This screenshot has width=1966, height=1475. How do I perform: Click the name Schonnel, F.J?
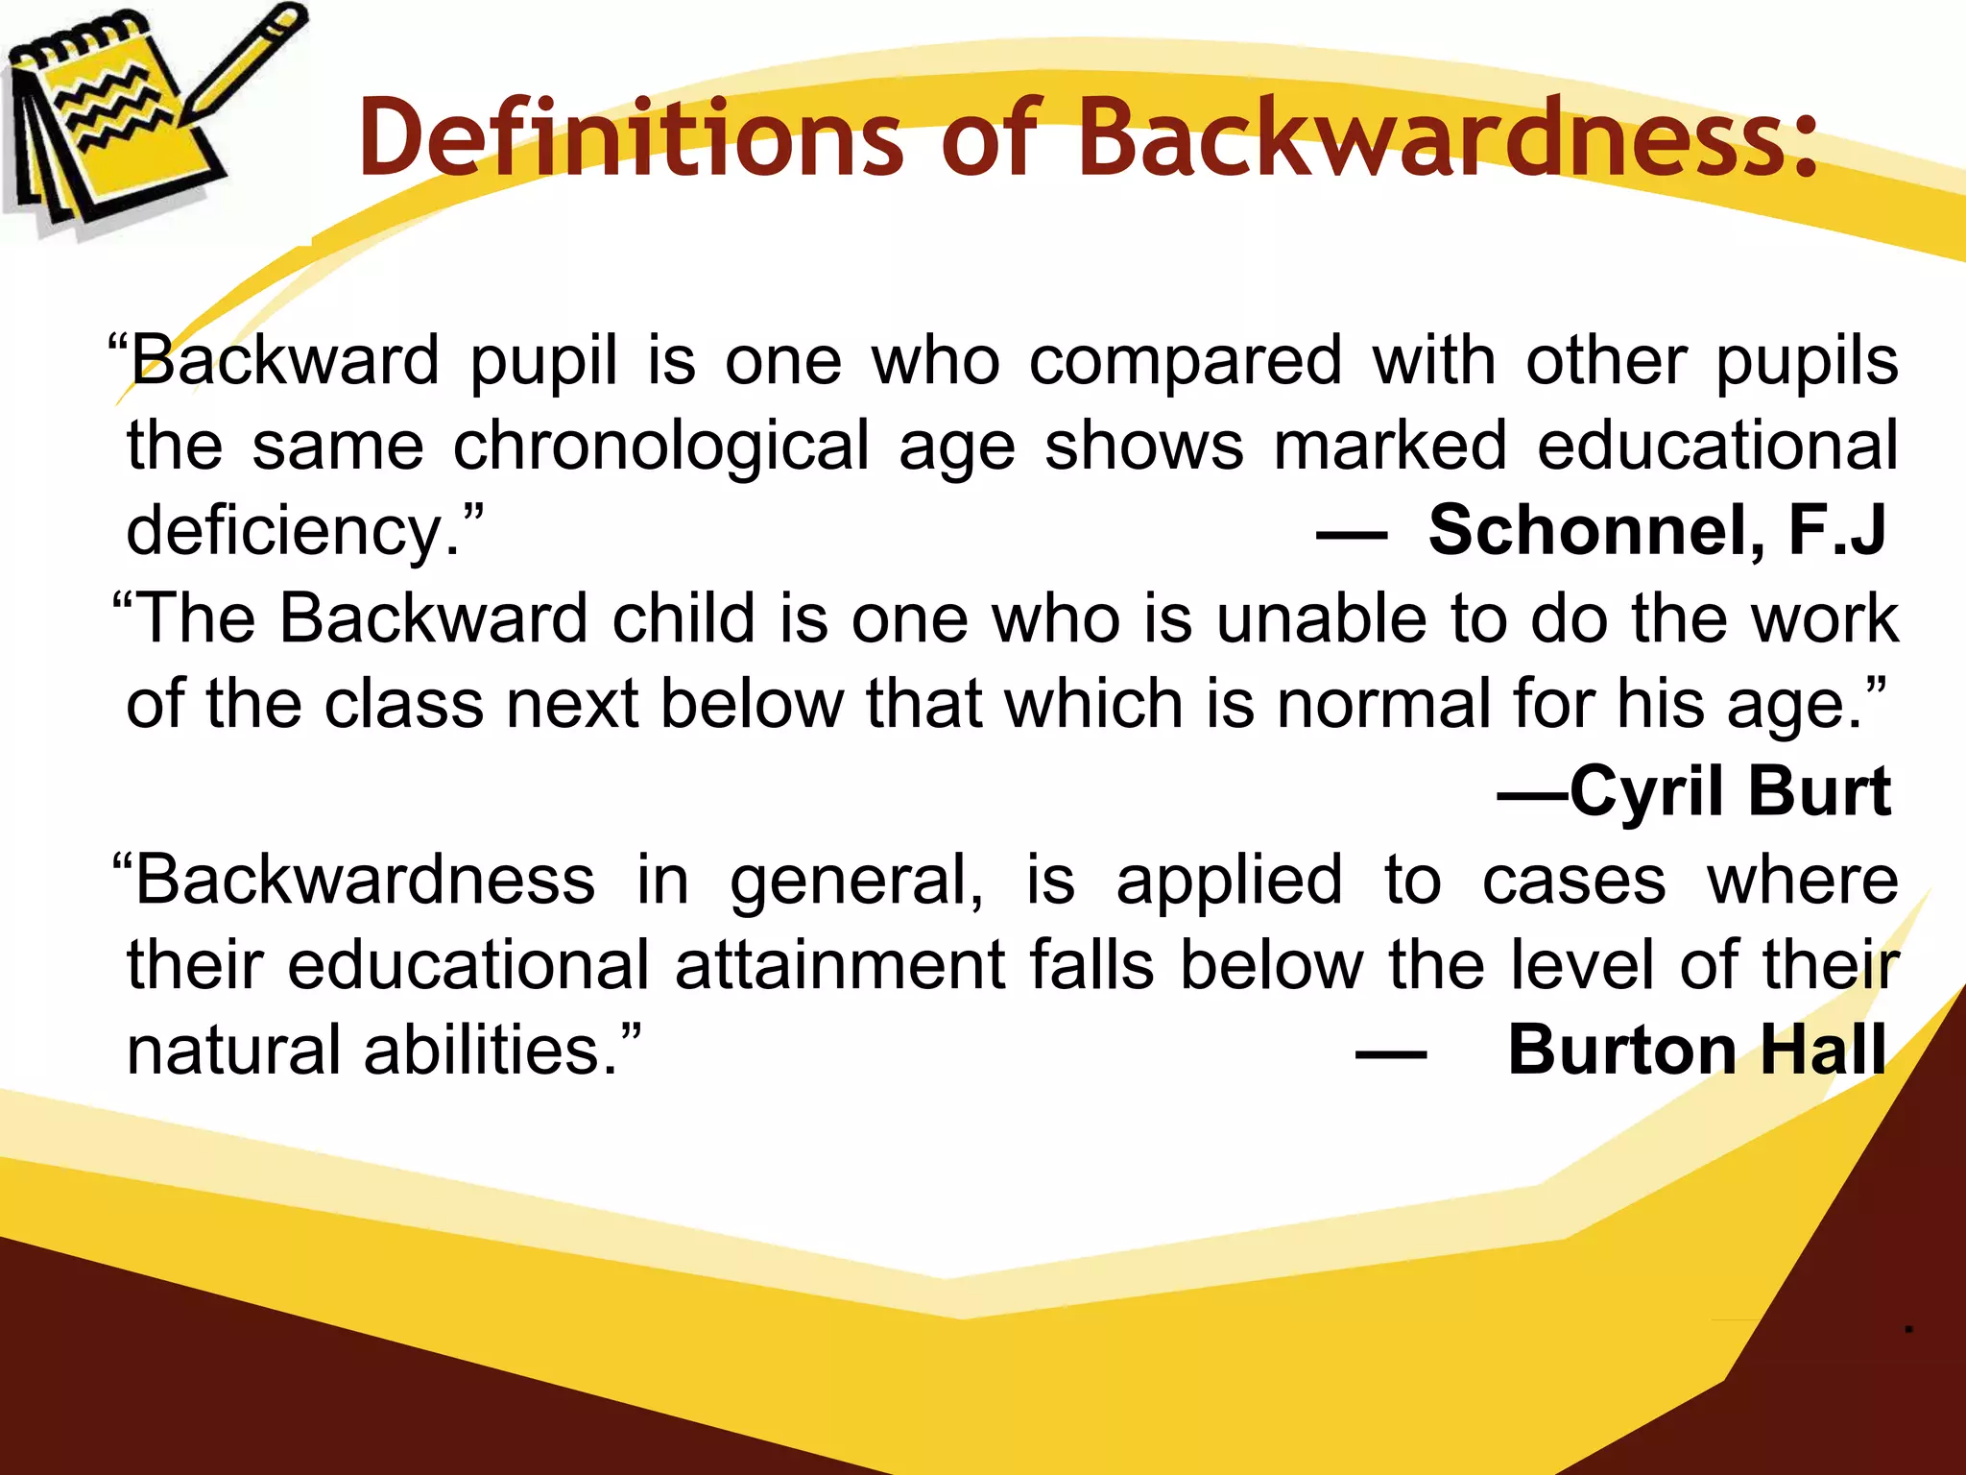pos(1657,530)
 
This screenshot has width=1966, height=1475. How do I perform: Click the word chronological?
pos(661,447)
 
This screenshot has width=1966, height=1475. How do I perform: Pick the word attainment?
pos(841,964)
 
